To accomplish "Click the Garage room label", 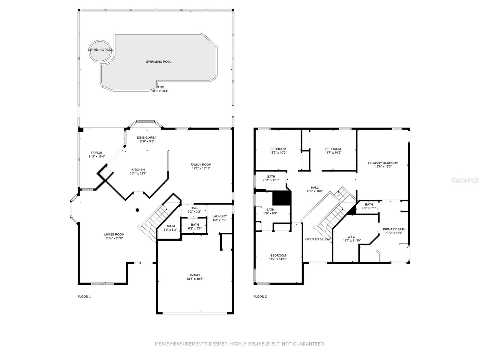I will click(195, 275).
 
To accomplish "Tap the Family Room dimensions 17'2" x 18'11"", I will click(201, 168).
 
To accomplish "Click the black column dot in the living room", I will click(137, 210).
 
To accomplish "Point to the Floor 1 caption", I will click(84, 297).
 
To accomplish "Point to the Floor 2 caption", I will click(260, 297).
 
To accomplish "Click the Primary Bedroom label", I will click(383, 163).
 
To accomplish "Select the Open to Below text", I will click(318, 239).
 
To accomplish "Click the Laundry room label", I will click(219, 216).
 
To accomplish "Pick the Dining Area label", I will click(147, 138).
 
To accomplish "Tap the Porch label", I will click(97, 153).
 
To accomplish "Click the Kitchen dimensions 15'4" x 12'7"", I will click(138, 173).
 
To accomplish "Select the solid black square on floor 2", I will click(282, 198).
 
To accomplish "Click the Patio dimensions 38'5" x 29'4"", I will click(160, 91).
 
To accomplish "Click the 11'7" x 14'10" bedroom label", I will click(278, 259).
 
